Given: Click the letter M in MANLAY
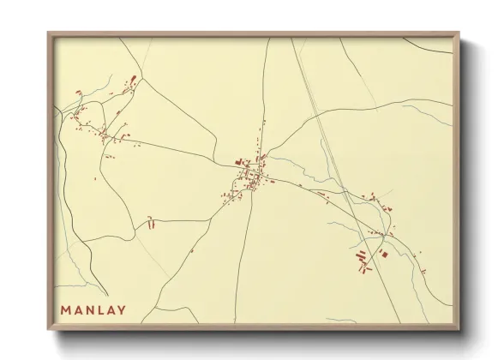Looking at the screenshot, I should [65, 309].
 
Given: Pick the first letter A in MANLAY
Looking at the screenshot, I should [80, 309].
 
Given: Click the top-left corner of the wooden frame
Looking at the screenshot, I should [48, 33].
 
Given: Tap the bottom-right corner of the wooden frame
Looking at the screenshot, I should [459, 331].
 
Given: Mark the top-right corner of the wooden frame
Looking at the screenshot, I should [459, 33].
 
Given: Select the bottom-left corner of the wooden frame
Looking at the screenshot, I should [48, 331].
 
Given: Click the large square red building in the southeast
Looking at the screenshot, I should [384, 254].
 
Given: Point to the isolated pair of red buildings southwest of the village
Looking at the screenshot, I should [151, 224].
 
